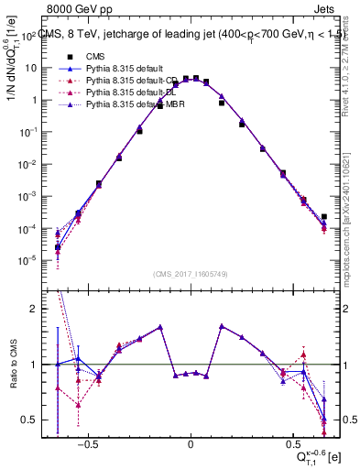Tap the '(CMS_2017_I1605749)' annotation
(x=191, y=275)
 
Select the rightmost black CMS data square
(x=324, y=217)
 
